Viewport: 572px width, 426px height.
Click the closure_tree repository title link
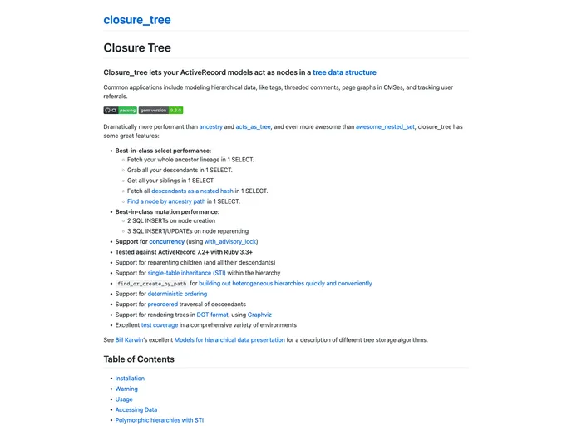[137, 20]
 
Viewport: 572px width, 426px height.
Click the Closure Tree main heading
[137, 48]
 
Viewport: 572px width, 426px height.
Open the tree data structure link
[344, 72]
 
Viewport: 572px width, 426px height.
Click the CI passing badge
[120, 110]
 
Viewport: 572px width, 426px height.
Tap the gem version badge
[160, 110]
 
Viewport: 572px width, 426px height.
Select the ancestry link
[210, 126]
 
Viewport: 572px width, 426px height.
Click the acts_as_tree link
[253, 126]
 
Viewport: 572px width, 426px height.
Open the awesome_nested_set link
[385, 126]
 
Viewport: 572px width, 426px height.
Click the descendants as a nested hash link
[192, 191]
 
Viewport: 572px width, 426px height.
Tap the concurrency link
[166, 241]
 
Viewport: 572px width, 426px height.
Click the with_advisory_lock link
[229, 241]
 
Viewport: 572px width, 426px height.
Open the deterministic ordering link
[177, 294]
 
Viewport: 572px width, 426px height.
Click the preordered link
[163, 305]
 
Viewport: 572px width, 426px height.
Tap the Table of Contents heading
[139, 359]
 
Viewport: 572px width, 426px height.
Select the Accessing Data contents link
[136, 409]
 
